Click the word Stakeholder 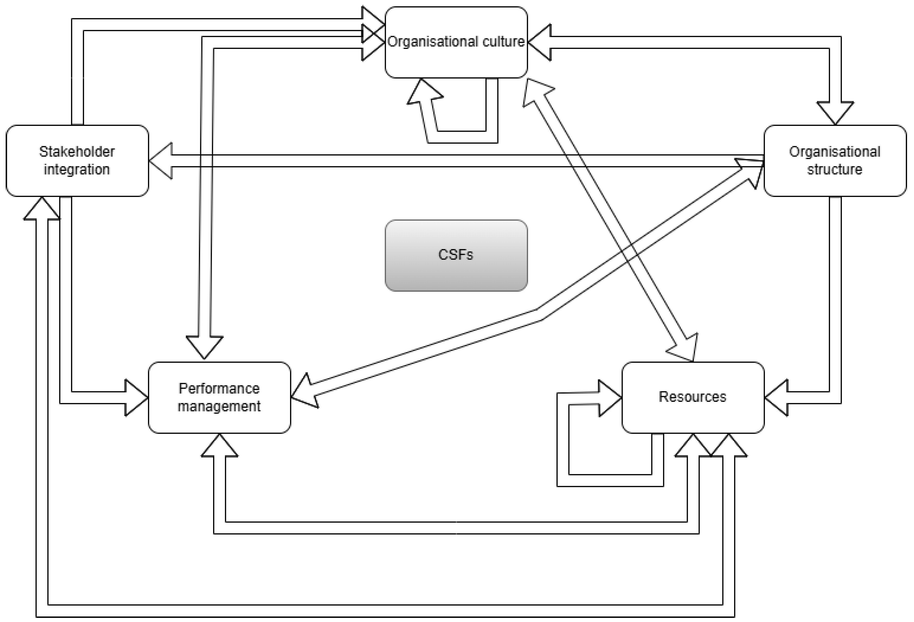77,151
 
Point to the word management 219,406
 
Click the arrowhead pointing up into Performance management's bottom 219,446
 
